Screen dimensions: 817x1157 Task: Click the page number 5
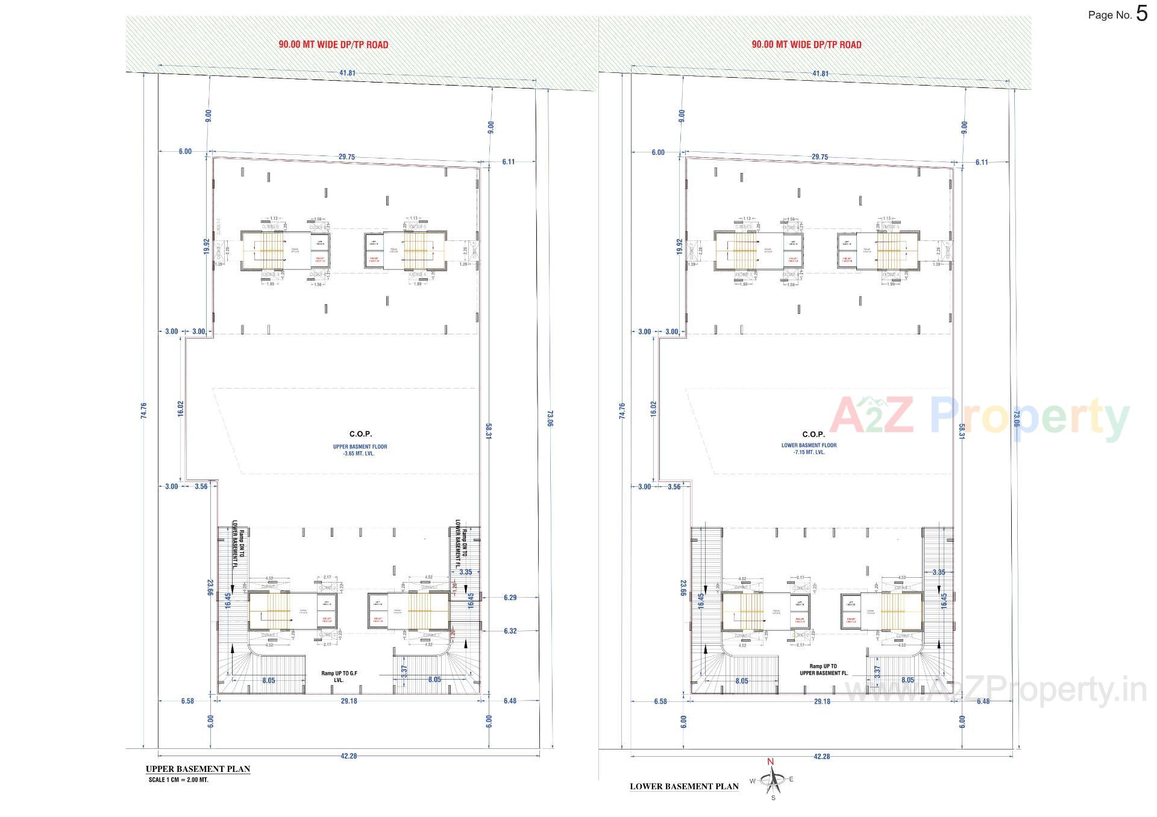coord(1142,13)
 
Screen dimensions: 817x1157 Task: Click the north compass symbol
coord(772,780)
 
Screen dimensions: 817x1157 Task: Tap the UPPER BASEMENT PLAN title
coord(198,769)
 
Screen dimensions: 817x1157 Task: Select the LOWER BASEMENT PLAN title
coord(684,786)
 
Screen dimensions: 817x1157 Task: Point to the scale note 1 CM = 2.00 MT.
coord(178,780)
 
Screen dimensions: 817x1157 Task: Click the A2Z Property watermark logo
coord(979,417)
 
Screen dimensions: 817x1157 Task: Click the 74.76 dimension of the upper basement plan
coord(143,411)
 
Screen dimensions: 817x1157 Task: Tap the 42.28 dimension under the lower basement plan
coord(821,756)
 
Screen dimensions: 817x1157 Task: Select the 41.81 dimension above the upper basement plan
coord(348,73)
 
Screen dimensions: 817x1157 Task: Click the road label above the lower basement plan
coord(806,45)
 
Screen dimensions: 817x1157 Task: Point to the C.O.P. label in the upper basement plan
coord(360,434)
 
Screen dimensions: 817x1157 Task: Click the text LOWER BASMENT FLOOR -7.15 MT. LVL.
coord(809,448)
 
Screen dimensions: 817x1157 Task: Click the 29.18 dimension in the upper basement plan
coord(349,701)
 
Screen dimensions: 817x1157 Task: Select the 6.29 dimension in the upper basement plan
coord(510,598)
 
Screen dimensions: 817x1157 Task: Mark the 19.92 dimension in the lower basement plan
coord(680,246)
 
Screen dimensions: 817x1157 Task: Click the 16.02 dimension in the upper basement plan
coord(181,408)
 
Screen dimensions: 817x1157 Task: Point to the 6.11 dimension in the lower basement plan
coord(982,162)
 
